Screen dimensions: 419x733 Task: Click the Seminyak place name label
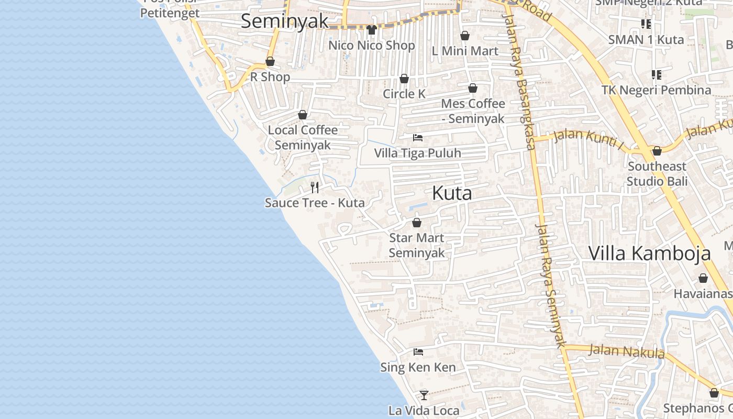tap(284, 21)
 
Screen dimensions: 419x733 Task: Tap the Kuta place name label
tap(452, 193)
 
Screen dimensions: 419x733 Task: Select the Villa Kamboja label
tap(649, 253)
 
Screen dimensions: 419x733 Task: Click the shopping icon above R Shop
tap(270, 61)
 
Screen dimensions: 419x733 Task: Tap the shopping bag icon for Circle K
tap(404, 79)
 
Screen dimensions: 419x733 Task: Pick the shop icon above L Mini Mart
tap(464, 36)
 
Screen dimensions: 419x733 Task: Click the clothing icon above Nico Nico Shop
tap(372, 29)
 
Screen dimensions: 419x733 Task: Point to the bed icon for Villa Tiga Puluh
tap(418, 138)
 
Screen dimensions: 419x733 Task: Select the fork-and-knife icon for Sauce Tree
tap(315, 187)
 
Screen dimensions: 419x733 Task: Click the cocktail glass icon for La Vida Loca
tap(424, 395)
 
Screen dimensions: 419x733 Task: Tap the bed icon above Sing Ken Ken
tap(418, 352)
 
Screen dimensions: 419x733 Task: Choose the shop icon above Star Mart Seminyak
tap(417, 223)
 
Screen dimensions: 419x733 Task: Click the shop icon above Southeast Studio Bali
tap(657, 151)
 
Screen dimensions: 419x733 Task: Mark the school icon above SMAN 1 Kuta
tap(646, 24)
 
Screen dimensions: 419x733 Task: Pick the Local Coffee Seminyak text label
tap(303, 137)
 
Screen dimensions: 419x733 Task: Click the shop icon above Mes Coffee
tap(473, 88)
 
